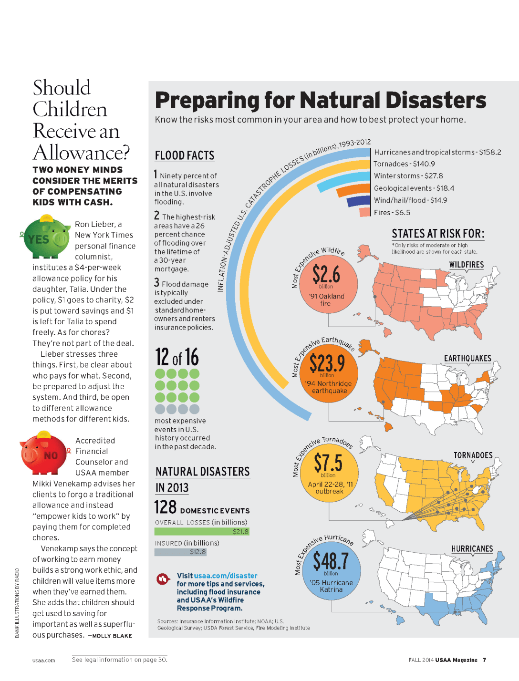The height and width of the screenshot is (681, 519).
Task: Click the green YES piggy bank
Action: (46, 237)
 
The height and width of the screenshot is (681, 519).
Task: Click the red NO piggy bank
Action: (44, 454)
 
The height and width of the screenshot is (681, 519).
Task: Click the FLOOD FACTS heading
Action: (185, 155)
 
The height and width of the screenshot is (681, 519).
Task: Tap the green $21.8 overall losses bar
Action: (202, 531)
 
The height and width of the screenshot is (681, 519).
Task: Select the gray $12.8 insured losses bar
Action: (180, 552)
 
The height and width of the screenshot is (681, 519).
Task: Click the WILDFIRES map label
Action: (466, 265)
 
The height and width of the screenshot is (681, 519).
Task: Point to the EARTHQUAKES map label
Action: (467, 359)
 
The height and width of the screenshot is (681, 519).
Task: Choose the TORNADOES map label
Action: (473, 455)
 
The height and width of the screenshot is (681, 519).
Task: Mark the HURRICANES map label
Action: (472, 549)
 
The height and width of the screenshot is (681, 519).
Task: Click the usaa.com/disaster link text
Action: (226, 576)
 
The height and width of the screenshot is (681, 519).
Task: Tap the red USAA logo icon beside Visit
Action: (163, 579)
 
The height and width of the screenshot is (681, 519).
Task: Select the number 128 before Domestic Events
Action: (165, 507)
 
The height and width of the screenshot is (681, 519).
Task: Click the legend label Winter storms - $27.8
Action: (408, 176)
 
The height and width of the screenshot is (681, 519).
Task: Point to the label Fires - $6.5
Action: (392, 213)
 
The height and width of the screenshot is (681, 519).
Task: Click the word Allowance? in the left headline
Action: (81, 153)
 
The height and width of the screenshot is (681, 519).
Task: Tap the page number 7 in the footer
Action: (484, 660)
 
